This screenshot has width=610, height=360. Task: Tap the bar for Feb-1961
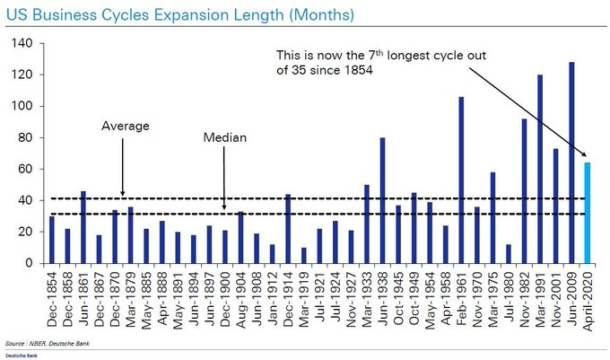[x=460, y=180]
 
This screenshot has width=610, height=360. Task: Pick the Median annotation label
[x=225, y=139]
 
